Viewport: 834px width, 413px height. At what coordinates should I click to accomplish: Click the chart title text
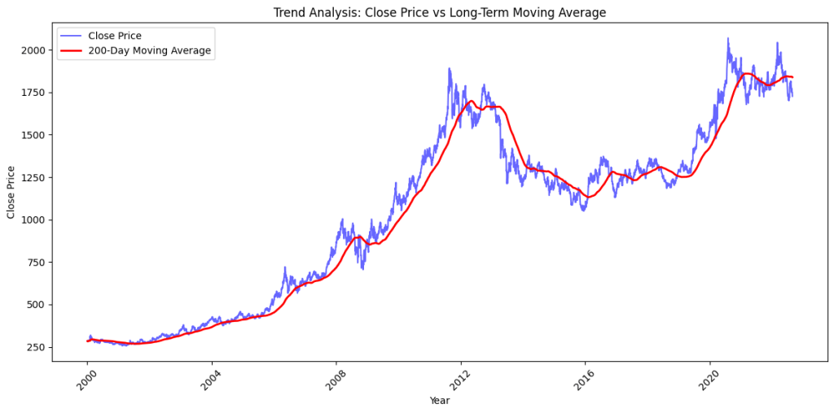pyautogui.click(x=439, y=12)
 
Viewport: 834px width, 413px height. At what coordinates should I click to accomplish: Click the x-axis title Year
pyautogui.click(x=439, y=401)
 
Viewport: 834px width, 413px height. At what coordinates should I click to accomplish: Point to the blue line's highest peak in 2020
pyautogui.click(x=728, y=38)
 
